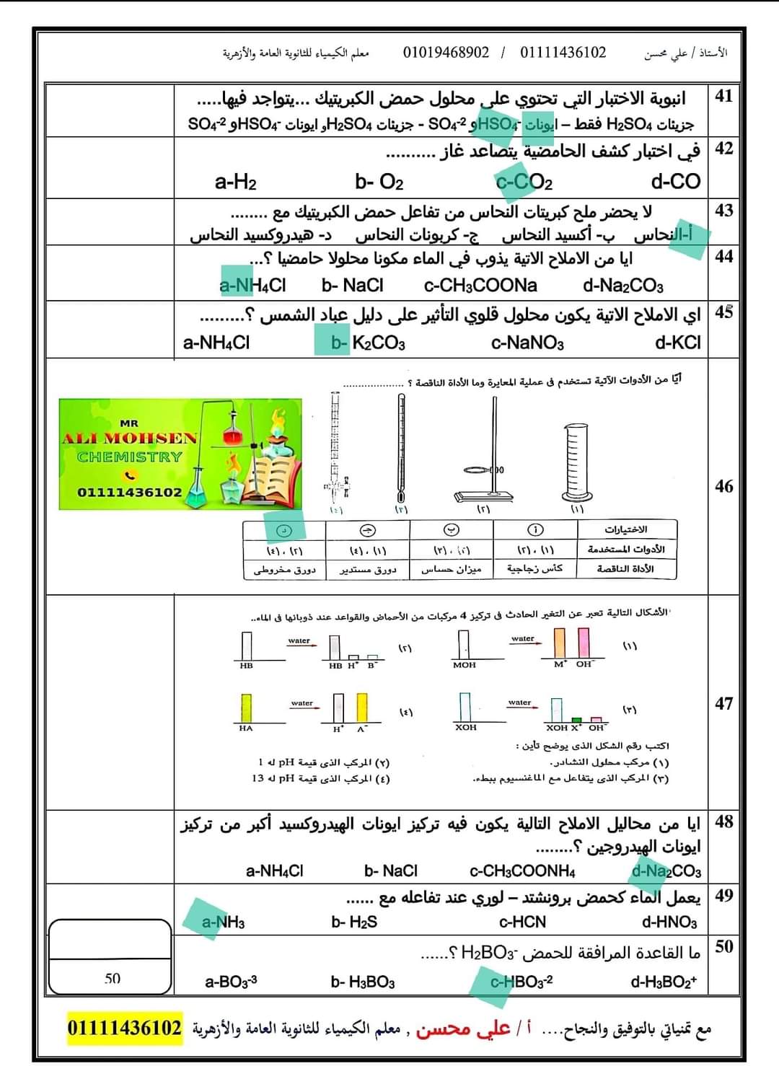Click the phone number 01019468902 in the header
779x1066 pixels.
point(446,53)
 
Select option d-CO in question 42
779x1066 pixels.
point(675,181)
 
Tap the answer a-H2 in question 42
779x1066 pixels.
point(235,181)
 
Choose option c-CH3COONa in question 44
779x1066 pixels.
point(480,286)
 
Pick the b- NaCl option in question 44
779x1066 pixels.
point(353,286)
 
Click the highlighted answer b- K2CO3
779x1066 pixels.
point(368,343)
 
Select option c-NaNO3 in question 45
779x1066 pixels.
point(527,343)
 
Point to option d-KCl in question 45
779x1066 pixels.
point(677,343)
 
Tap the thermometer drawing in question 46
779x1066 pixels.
point(401,447)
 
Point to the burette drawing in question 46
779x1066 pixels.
point(335,447)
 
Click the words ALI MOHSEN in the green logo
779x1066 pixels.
point(129,439)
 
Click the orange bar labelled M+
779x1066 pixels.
point(560,643)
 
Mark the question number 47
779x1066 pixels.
point(723,703)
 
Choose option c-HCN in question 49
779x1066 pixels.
point(522,922)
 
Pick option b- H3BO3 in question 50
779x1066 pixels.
point(363,982)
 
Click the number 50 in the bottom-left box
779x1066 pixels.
point(113,978)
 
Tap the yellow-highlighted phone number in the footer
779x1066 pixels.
point(125,1027)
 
